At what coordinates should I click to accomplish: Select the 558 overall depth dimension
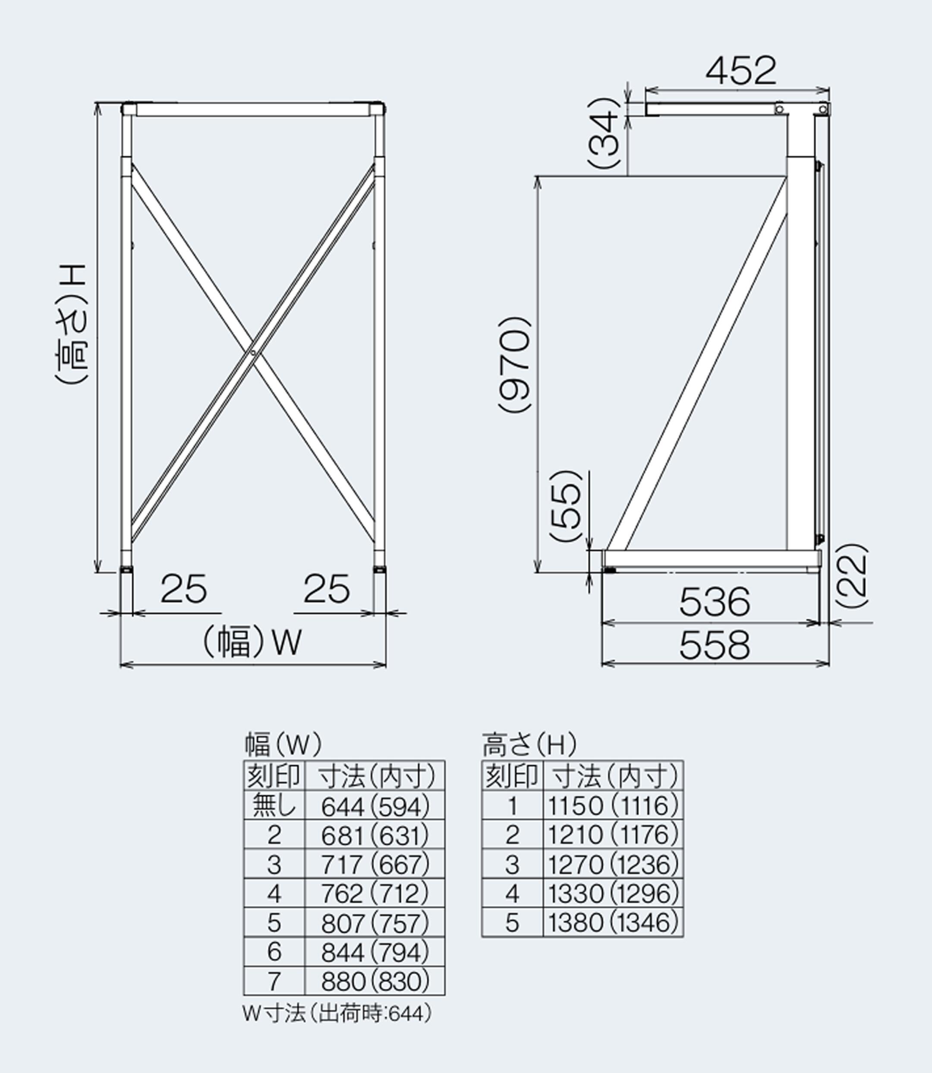click(x=715, y=645)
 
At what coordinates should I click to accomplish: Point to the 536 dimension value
click(x=715, y=602)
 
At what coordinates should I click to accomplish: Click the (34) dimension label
click(x=605, y=132)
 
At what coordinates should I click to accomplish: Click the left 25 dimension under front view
click(x=183, y=589)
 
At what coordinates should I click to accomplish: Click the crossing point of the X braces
click(x=253, y=352)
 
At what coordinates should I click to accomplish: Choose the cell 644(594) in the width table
click(x=375, y=807)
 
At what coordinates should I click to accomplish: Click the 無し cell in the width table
click(x=274, y=806)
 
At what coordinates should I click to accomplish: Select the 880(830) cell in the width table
click(x=375, y=981)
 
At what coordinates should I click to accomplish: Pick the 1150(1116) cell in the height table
click(x=613, y=806)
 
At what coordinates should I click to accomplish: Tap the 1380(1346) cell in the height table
click(x=613, y=923)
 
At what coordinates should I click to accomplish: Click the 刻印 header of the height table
click(x=512, y=776)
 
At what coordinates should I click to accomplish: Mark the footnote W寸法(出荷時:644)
click(x=337, y=1014)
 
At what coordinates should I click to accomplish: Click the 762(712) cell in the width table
click(x=375, y=894)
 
